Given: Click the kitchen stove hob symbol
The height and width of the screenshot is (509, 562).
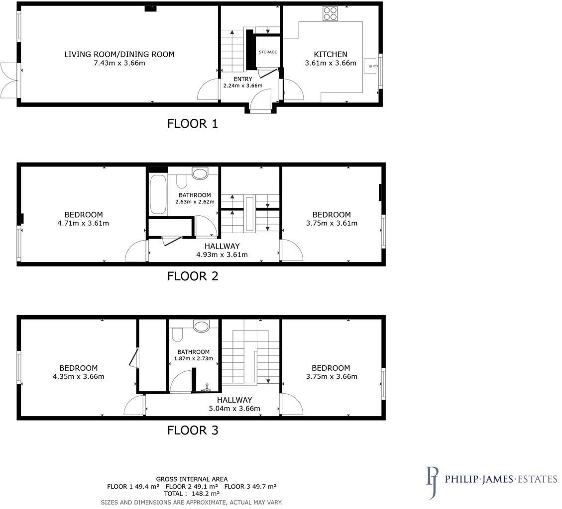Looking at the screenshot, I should pyautogui.click(x=330, y=13).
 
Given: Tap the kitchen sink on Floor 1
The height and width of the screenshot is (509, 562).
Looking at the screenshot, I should pyautogui.click(x=371, y=66).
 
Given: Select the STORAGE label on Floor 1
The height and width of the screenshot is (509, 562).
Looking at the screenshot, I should pyautogui.click(x=267, y=52).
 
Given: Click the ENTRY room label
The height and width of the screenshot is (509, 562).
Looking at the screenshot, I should pyautogui.click(x=242, y=79).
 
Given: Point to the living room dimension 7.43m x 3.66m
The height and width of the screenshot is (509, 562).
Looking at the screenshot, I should pyautogui.click(x=119, y=63).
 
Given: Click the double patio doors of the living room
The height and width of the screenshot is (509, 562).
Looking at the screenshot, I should pyautogui.click(x=9, y=80).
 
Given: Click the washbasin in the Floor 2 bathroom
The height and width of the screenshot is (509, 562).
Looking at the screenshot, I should pyautogui.click(x=200, y=173).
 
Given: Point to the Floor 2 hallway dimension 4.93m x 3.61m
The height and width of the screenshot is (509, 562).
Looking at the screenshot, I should pyautogui.click(x=222, y=255).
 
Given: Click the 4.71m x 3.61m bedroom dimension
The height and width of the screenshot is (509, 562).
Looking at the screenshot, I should pyautogui.click(x=83, y=223).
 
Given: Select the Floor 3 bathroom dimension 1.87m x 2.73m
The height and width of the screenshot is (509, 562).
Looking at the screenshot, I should pyautogui.click(x=194, y=358).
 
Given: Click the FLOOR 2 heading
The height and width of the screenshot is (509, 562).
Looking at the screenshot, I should pyautogui.click(x=193, y=276).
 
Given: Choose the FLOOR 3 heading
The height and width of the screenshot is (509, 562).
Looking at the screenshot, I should pyautogui.click(x=193, y=430).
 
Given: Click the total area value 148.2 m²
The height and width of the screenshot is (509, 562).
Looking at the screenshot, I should pyautogui.click(x=208, y=494).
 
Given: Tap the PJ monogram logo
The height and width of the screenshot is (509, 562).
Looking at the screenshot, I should pyautogui.click(x=432, y=482).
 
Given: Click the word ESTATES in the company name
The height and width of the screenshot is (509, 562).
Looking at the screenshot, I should pyautogui.click(x=536, y=480).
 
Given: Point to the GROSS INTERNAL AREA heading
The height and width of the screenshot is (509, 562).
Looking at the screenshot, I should pyautogui.click(x=192, y=479).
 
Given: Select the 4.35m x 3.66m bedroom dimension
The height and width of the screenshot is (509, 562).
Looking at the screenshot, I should pyautogui.click(x=78, y=376).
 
